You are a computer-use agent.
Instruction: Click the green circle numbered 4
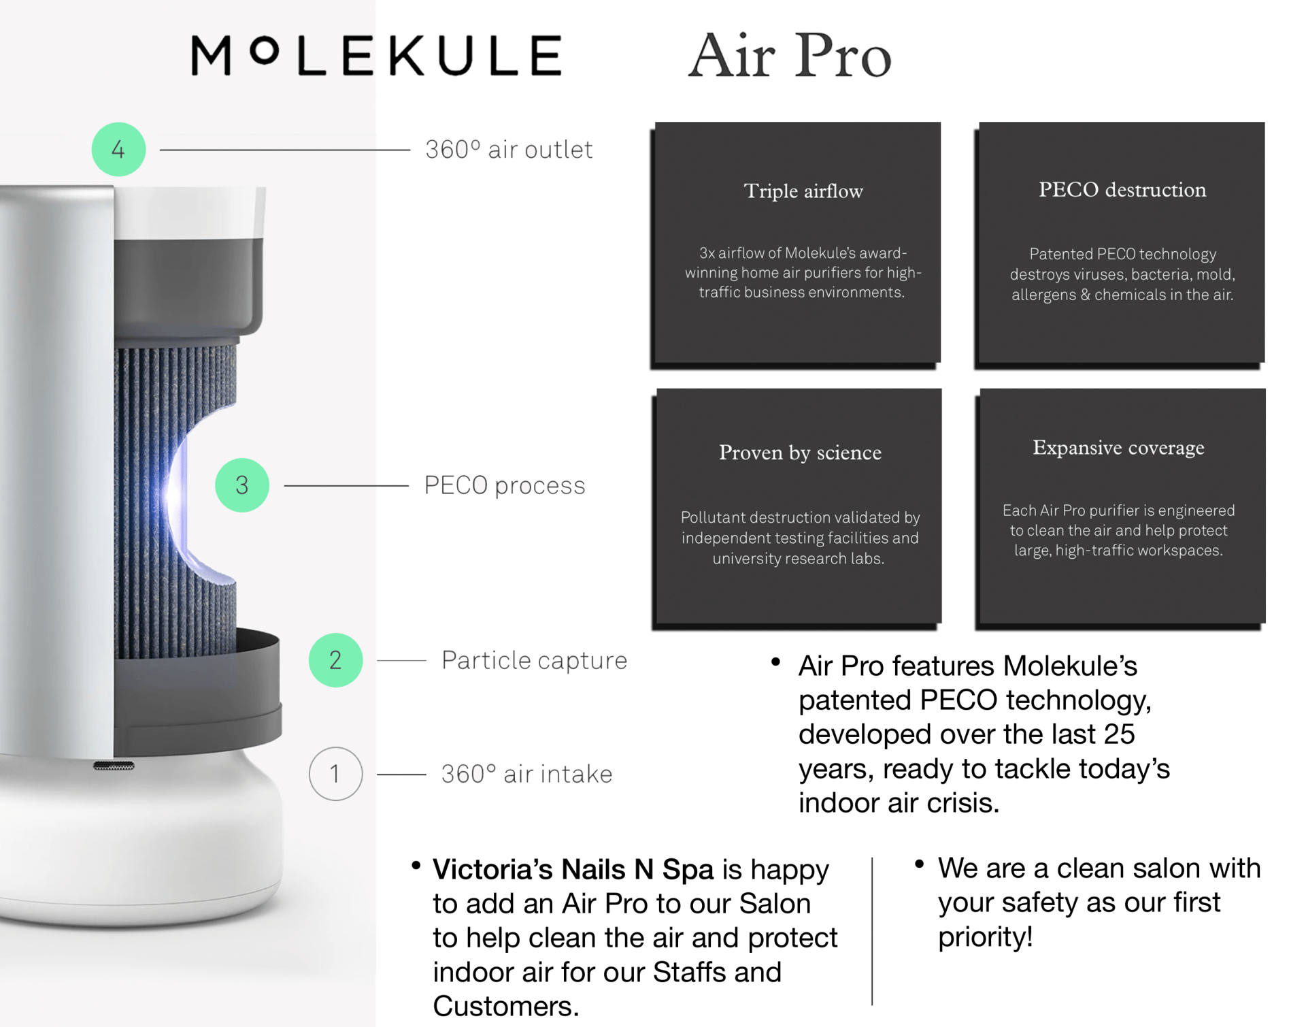(118, 149)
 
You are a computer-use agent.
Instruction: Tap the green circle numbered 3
(242, 485)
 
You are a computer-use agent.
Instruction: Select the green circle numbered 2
(335, 659)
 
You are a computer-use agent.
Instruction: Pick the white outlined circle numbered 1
(335, 774)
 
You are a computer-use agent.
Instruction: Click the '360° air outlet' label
(509, 150)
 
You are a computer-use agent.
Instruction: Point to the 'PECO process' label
(504, 485)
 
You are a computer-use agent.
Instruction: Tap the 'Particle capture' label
(534, 660)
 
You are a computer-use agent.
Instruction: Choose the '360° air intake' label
(526, 774)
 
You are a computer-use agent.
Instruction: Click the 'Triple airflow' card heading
(803, 191)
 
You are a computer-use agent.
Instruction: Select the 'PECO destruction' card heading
(1122, 190)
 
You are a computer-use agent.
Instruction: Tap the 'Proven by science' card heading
(800, 453)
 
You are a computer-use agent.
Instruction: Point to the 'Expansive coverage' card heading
(1118, 448)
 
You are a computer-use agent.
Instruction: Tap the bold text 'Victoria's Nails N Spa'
(573, 869)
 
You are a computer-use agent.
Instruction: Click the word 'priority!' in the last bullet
(986, 938)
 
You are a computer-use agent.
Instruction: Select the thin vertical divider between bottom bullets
(872, 930)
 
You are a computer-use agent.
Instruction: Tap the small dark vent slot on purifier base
(114, 766)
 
